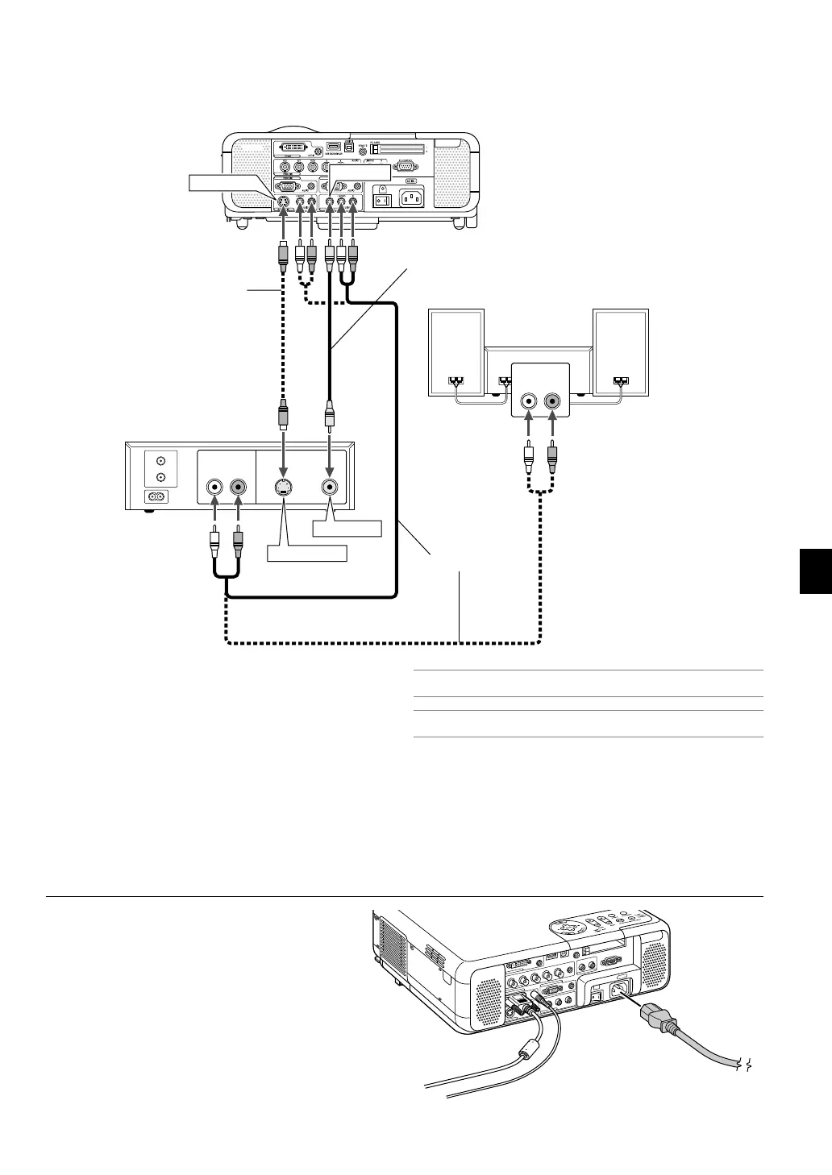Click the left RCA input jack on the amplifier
(x=528, y=400)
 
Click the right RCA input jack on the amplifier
(x=552, y=400)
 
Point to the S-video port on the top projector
(x=283, y=204)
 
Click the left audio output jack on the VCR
(x=215, y=487)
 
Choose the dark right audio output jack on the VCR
(x=239, y=487)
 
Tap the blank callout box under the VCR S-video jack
(x=306, y=554)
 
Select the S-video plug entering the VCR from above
(x=283, y=418)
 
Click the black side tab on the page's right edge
(x=815, y=570)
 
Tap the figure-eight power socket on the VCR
(x=151, y=497)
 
